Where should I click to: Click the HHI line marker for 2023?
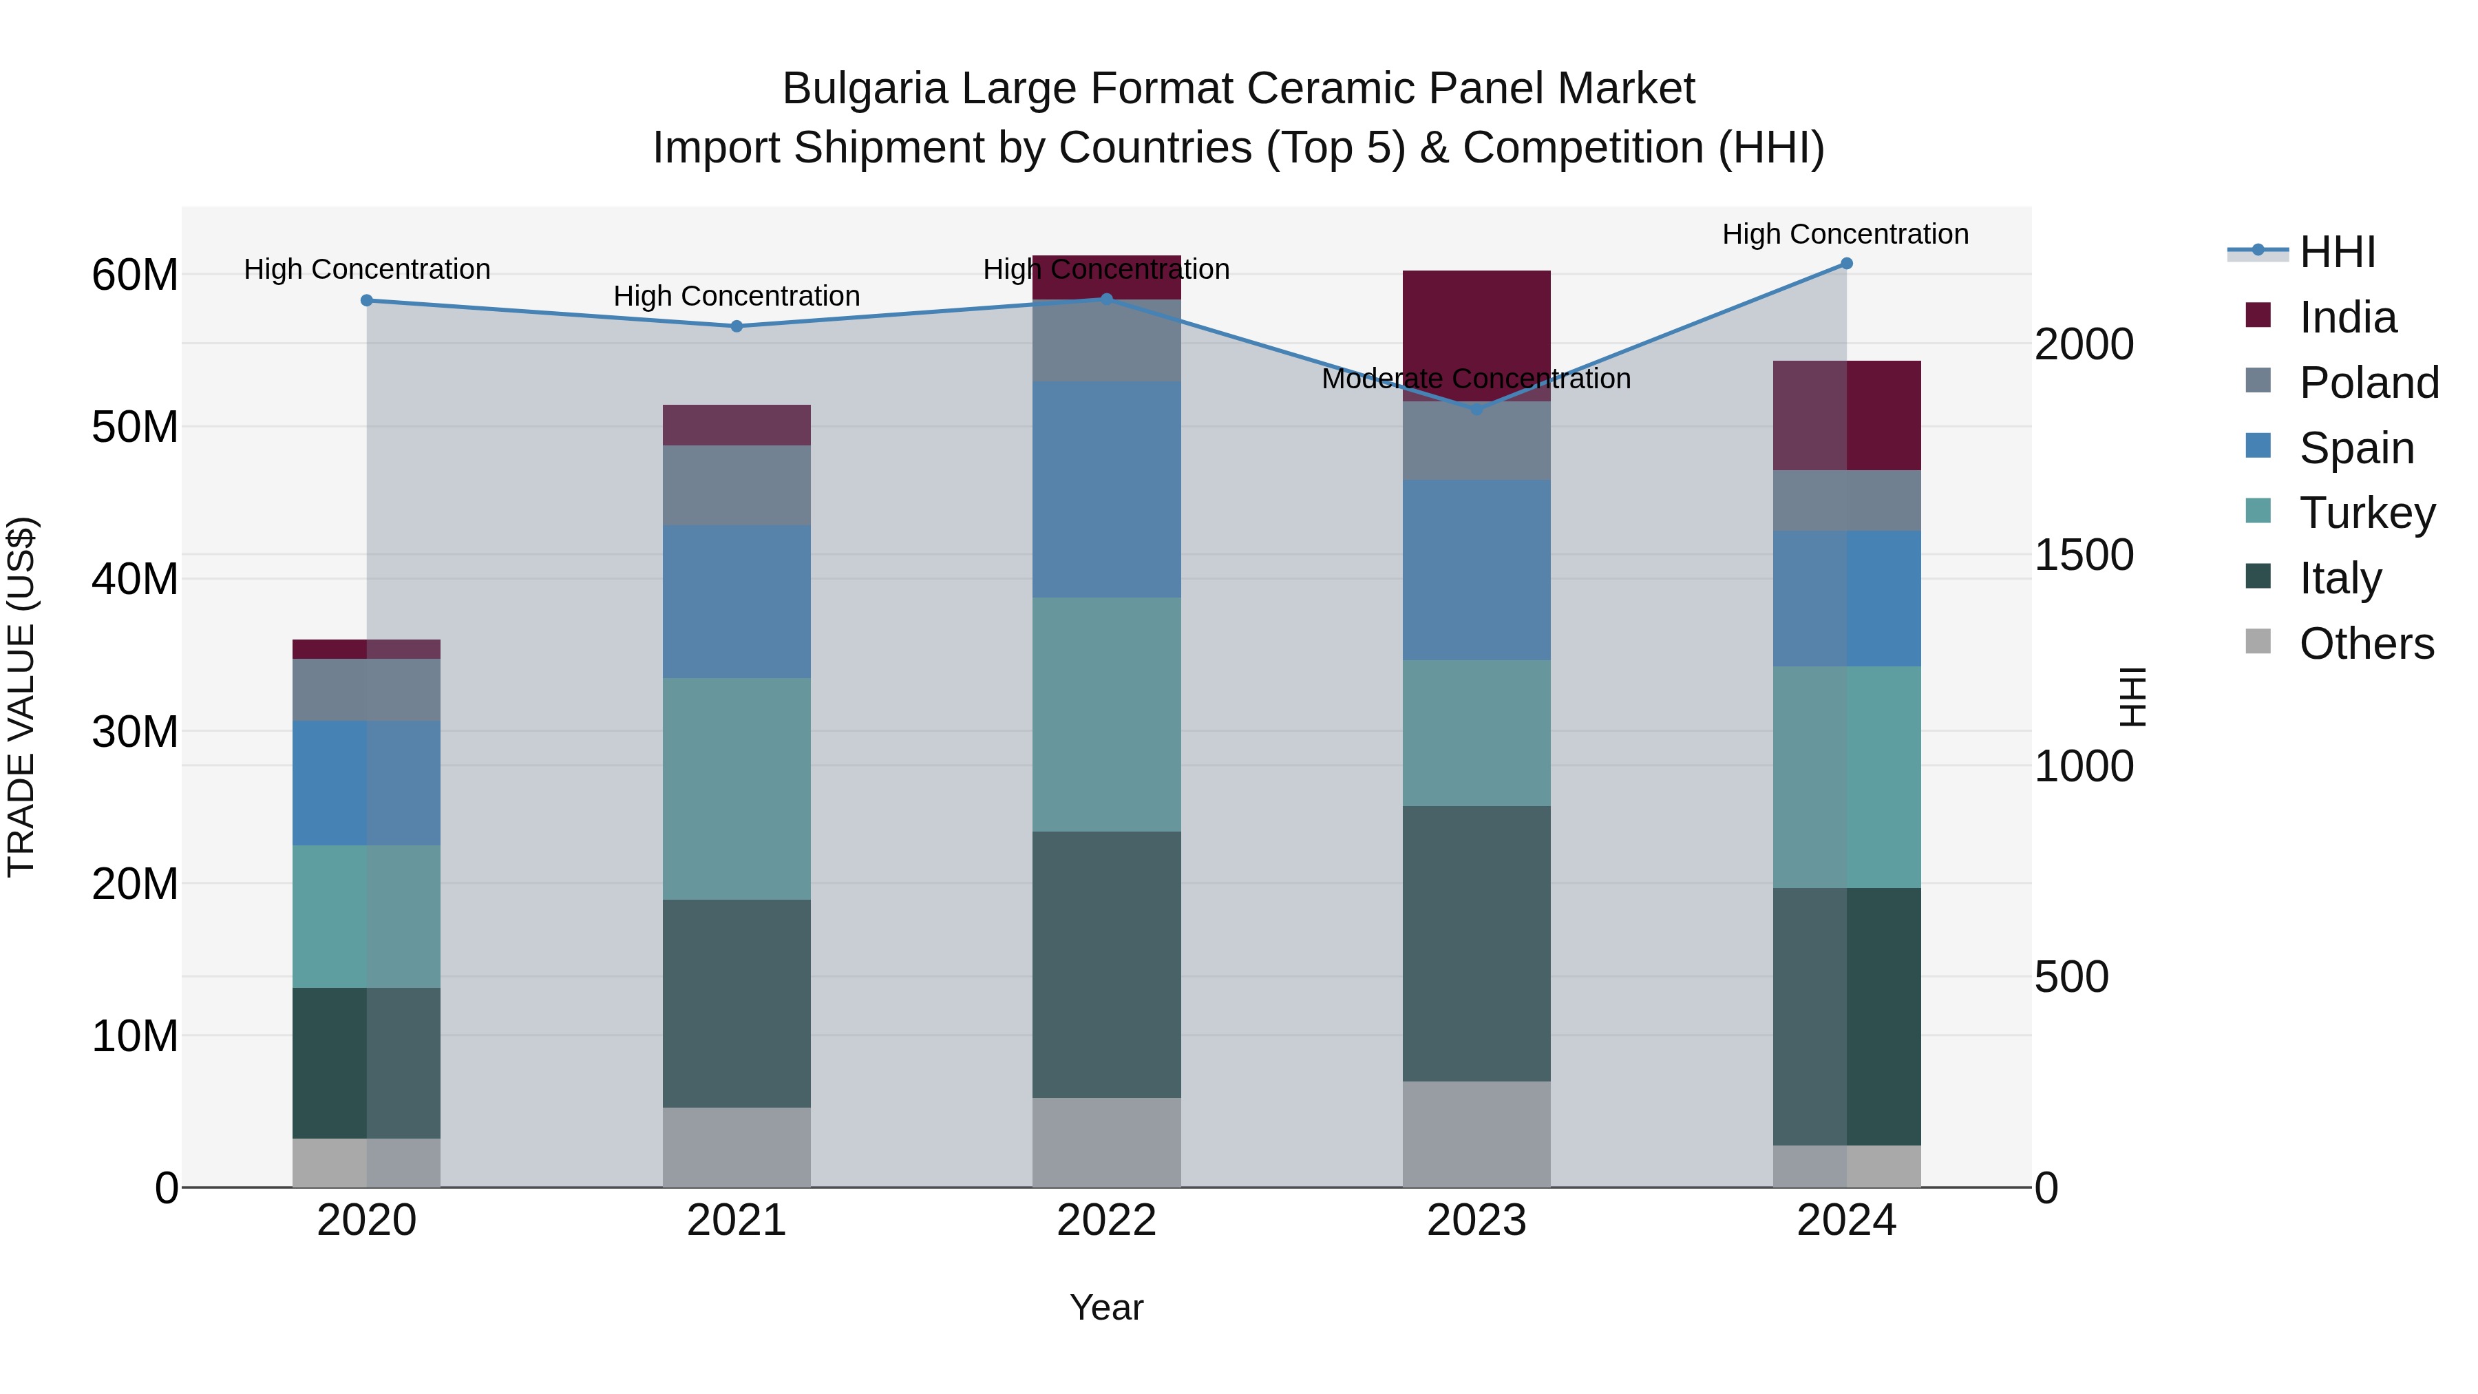click(x=1476, y=409)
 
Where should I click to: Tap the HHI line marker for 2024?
click(x=1846, y=264)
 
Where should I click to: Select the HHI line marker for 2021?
click(x=737, y=326)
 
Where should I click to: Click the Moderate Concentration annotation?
click(x=1476, y=379)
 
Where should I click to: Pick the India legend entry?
click(x=2347, y=317)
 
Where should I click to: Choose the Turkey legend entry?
click(x=2366, y=513)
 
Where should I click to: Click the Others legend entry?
click(x=2366, y=644)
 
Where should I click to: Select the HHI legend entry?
click(x=2338, y=252)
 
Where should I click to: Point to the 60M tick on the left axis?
click(x=135, y=275)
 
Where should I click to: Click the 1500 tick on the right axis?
click(x=2084, y=555)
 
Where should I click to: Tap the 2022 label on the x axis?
click(x=1106, y=1221)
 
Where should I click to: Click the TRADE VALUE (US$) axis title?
click(x=22, y=697)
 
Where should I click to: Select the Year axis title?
click(x=1106, y=1307)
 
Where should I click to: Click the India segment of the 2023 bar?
click(x=1476, y=336)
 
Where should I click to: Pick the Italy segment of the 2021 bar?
click(x=737, y=1004)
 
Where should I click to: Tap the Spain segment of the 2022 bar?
click(x=1106, y=489)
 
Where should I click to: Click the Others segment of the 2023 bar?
click(x=1476, y=1134)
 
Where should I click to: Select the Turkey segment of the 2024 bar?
click(x=1846, y=777)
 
